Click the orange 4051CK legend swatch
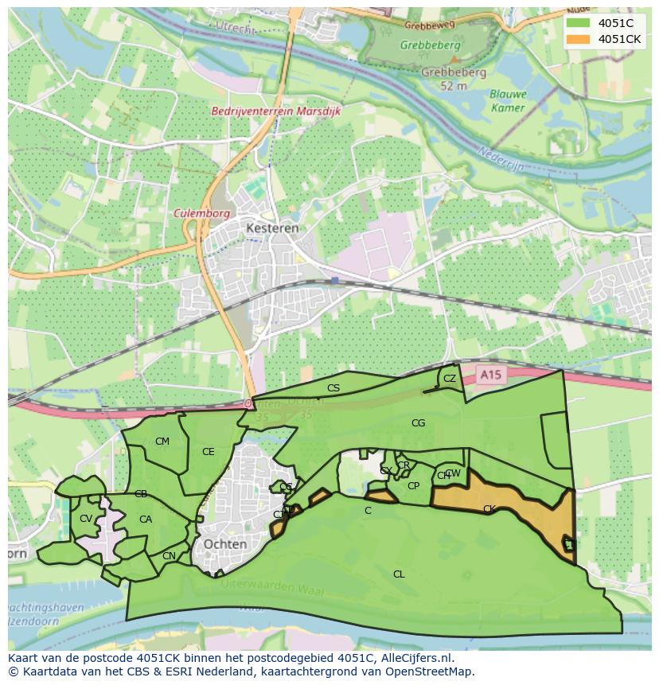579,39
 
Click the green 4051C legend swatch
579,23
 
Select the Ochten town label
224,543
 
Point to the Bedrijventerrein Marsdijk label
276,111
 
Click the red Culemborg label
202,213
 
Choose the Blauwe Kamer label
507,100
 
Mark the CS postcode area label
333,388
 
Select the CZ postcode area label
450,379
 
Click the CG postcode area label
418,423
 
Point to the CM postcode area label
162,442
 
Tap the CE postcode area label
208,452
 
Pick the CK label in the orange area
489,508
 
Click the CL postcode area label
399,574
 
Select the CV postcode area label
85,519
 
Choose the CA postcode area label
145,520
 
